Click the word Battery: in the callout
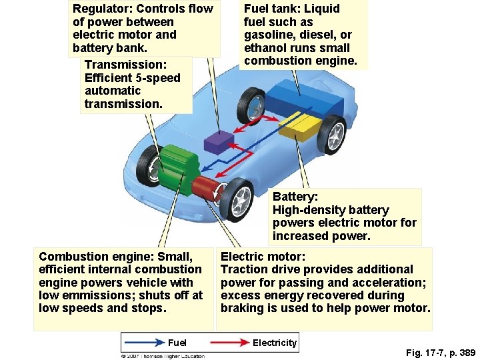(295, 197)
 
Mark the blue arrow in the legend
(143, 343)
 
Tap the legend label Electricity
(274, 343)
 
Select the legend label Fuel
(177, 343)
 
